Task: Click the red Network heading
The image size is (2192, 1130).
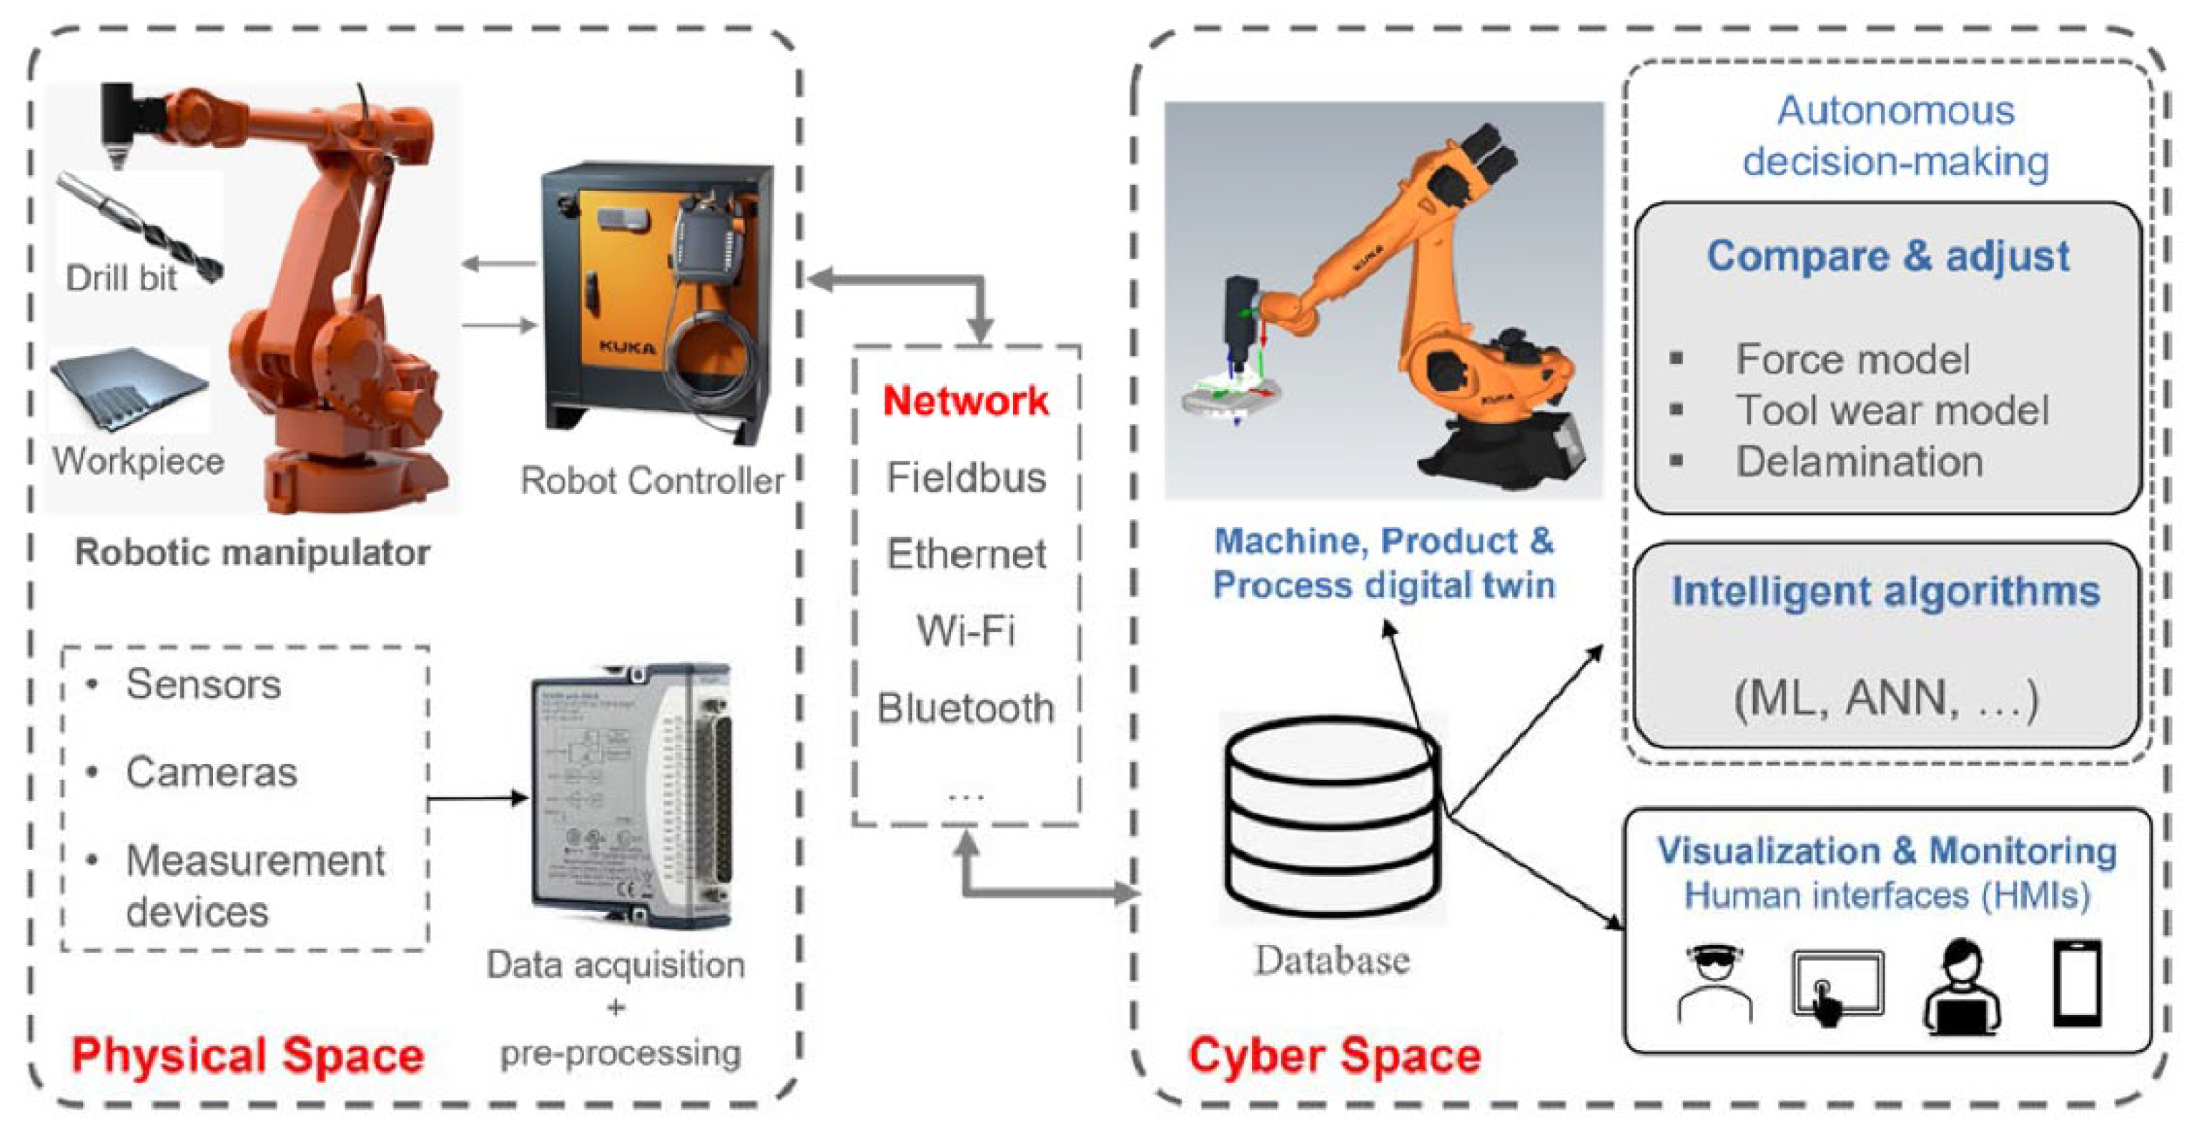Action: pyautogui.click(x=965, y=401)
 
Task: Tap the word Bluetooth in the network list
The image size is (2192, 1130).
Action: pyautogui.click(x=965, y=708)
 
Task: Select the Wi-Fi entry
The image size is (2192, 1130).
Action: pyautogui.click(x=965, y=630)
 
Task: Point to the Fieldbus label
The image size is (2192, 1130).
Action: pyautogui.click(x=965, y=477)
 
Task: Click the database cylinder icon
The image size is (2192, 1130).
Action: pyautogui.click(x=1332, y=817)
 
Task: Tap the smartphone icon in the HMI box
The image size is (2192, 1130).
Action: pyautogui.click(x=2077, y=983)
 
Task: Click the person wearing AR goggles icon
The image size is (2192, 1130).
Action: pyautogui.click(x=1714, y=983)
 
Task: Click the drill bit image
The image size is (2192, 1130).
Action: pyautogui.click(x=140, y=225)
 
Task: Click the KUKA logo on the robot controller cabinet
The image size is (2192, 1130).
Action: pyautogui.click(x=627, y=347)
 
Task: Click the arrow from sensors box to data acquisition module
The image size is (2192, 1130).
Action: pyautogui.click(x=477, y=798)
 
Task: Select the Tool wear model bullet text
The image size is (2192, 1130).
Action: pyautogui.click(x=1891, y=410)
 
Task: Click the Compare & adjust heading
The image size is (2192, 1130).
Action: pyautogui.click(x=1887, y=255)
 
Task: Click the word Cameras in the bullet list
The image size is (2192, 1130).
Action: pyautogui.click(x=211, y=773)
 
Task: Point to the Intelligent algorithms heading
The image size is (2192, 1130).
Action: pyautogui.click(x=1886, y=591)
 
